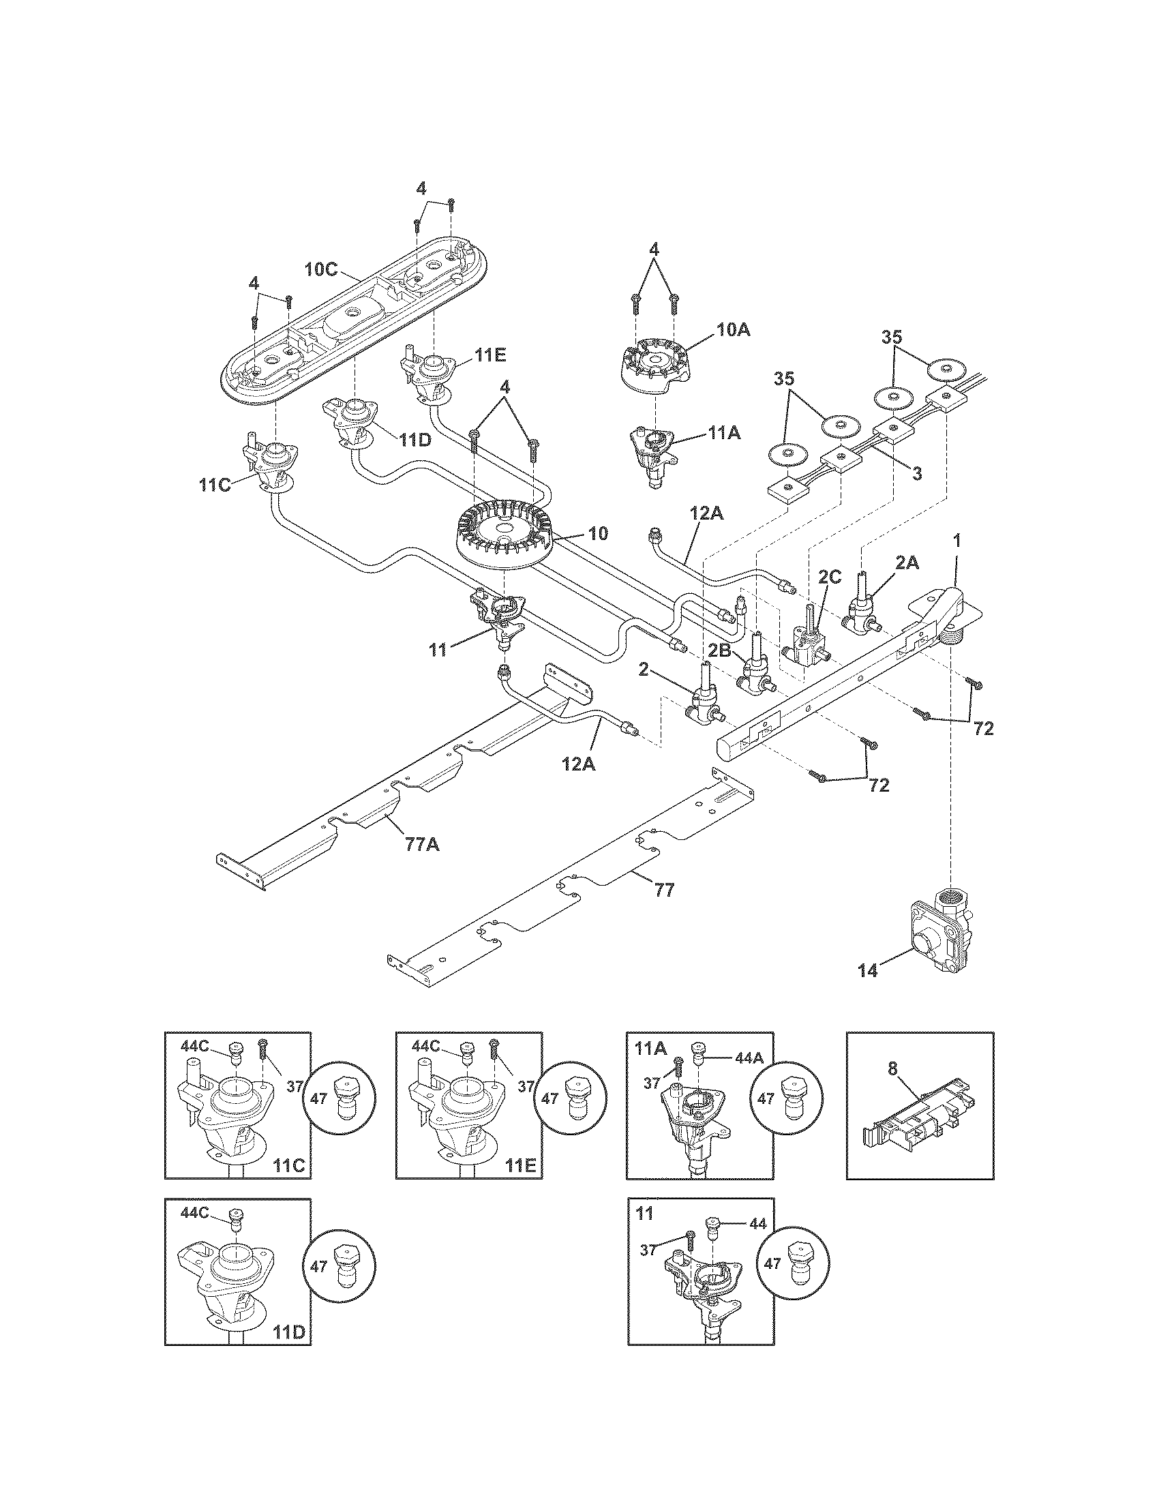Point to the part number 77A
click(x=422, y=844)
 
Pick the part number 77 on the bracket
click(x=665, y=890)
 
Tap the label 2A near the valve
click(x=907, y=562)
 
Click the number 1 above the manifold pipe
click(x=957, y=541)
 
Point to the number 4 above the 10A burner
click(x=654, y=251)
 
